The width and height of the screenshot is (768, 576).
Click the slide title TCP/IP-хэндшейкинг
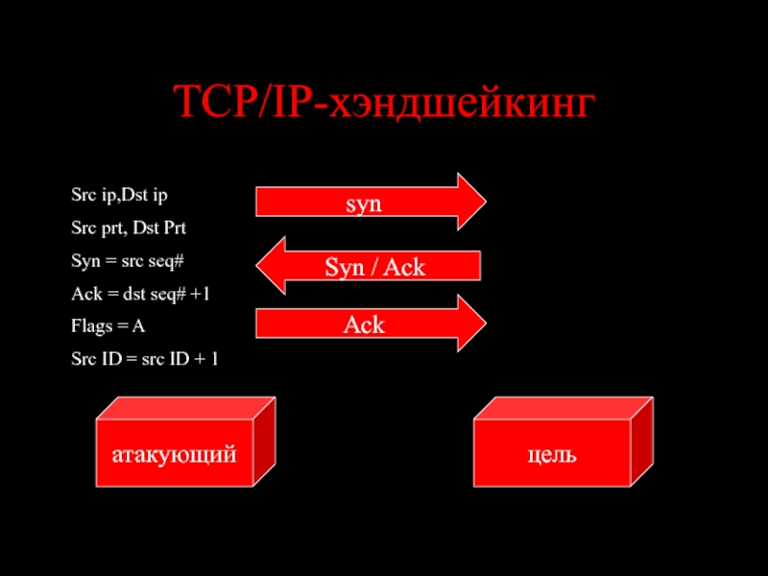[x=383, y=103]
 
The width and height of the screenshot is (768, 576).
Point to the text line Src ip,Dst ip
[x=119, y=195]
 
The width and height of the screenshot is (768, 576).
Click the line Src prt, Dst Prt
[x=129, y=228]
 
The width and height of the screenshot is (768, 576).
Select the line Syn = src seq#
[x=128, y=260]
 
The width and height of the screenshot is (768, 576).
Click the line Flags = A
[x=108, y=325]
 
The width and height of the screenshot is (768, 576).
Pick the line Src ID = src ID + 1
[x=145, y=359]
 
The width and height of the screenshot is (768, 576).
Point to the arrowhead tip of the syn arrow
[x=485, y=203]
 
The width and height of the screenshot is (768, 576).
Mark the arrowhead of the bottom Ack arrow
[x=485, y=324]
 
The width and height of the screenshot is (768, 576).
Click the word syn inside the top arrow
[x=364, y=204]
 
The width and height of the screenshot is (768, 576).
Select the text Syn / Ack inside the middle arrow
[x=373, y=267]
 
